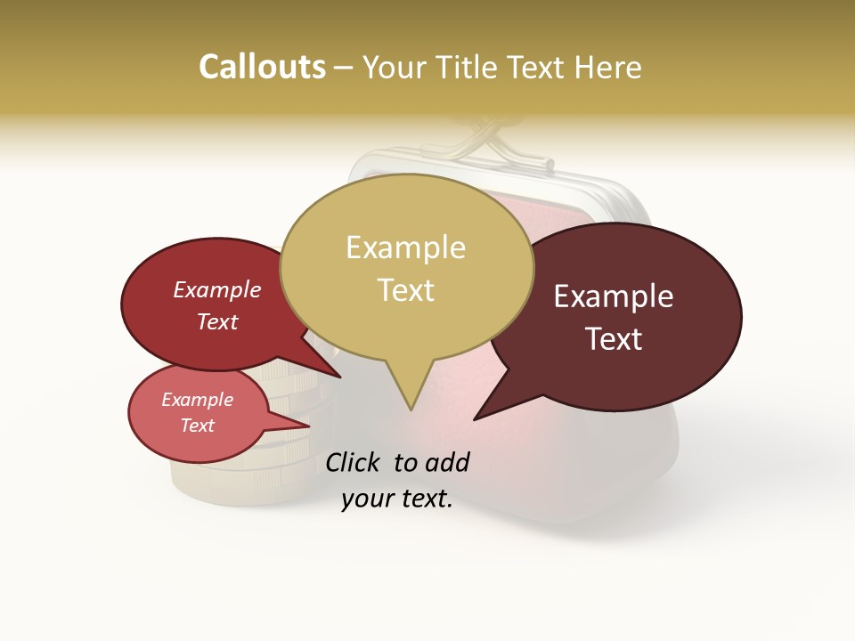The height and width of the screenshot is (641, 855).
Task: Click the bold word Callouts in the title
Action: click(262, 67)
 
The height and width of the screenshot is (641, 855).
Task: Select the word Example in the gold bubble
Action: click(405, 247)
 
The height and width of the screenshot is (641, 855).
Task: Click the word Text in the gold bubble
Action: click(405, 290)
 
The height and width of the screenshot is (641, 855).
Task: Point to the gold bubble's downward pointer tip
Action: click(411, 410)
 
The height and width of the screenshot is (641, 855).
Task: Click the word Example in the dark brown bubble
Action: click(614, 296)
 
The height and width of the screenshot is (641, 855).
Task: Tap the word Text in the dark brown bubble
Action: click(614, 339)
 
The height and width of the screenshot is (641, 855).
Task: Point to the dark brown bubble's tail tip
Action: click(475, 419)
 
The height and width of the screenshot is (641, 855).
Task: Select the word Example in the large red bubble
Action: click(216, 289)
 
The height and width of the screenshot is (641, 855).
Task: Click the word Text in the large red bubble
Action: click(216, 321)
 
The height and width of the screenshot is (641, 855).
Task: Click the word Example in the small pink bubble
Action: click(197, 400)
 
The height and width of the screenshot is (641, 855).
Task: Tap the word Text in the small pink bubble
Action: click(197, 426)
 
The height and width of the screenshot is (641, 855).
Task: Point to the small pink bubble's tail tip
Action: click(309, 426)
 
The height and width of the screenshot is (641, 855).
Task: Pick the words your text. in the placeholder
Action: click(397, 499)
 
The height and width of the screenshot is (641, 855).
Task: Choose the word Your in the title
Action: click(395, 67)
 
